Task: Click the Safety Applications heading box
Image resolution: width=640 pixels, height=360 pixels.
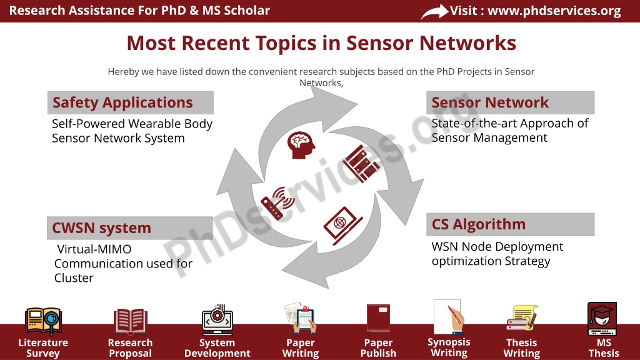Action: [x=131, y=103]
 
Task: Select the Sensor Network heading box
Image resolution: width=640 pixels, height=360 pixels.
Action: [x=510, y=103]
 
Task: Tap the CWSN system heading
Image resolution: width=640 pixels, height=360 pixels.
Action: [x=130, y=227]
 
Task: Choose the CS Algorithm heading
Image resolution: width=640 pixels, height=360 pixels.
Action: [x=510, y=224]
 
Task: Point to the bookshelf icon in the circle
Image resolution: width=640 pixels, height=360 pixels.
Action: [x=361, y=163]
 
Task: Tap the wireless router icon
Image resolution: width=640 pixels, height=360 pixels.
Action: [x=277, y=203]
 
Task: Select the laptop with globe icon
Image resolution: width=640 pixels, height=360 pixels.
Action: [x=342, y=226]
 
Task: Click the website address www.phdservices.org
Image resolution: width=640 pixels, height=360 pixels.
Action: [x=554, y=11]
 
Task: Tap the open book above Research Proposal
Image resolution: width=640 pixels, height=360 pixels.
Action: [x=130, y=321]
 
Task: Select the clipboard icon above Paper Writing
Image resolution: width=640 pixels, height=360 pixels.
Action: [x=301, y=318]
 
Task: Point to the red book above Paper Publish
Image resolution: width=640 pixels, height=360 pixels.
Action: [x=378, y=318]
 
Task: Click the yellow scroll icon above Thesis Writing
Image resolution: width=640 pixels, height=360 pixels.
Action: [x=522, y=317]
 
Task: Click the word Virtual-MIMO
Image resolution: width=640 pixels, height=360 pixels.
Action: [x=94, y=249]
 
